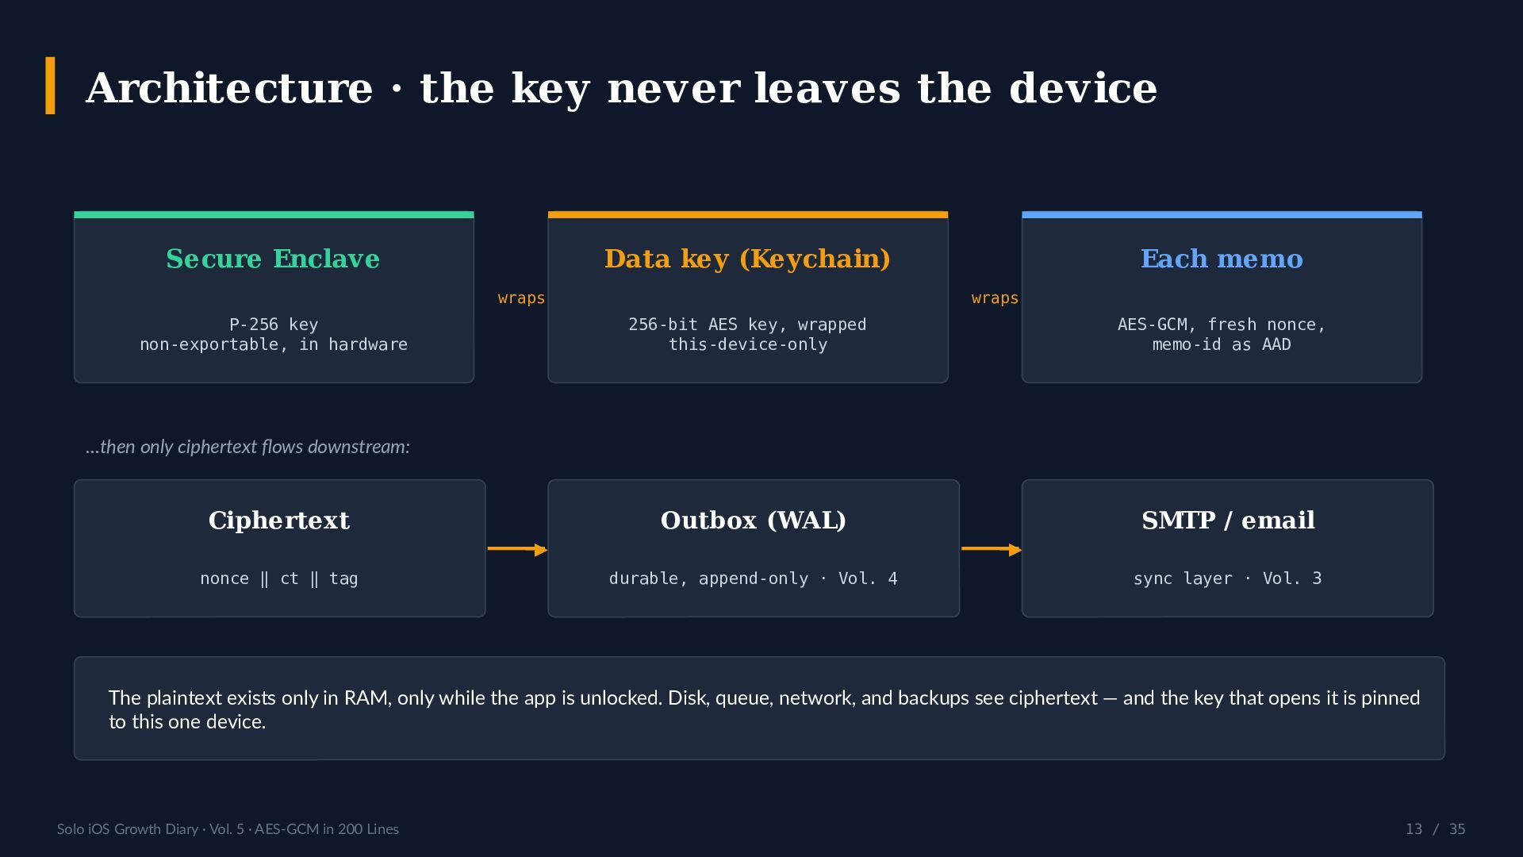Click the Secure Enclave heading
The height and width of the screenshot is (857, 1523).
tap(273, 259)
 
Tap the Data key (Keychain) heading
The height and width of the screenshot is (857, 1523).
tap(747, 259)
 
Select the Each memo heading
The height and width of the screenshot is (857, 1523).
tap(1222, 259)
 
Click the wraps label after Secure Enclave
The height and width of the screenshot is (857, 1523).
tap(521, 298)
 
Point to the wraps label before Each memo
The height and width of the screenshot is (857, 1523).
tap(995, 298)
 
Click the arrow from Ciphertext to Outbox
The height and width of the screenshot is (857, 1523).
tap(517, 549)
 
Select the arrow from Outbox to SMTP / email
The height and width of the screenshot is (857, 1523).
tap(991, 549)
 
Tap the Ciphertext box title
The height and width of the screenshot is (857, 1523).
tap(279, 521)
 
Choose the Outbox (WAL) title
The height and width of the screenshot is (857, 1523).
tap(754, 521)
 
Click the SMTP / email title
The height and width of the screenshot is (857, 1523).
tap(1228, 521)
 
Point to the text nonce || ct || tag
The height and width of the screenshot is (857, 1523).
tap(279, 578)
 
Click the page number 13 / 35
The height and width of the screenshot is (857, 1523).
tap(1435, 829)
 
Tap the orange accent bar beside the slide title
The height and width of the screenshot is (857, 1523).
tap(51, 86)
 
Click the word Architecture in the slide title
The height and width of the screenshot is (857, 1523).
tap(229, 88)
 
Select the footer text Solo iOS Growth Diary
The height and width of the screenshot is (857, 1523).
tap(128, 829)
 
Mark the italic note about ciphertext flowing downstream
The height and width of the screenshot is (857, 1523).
tap(247, 447)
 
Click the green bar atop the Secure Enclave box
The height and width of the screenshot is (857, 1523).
tap(274, 214)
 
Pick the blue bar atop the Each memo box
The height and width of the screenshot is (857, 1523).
tap(1222, 214)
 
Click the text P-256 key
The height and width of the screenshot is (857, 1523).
tap(274, 325)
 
